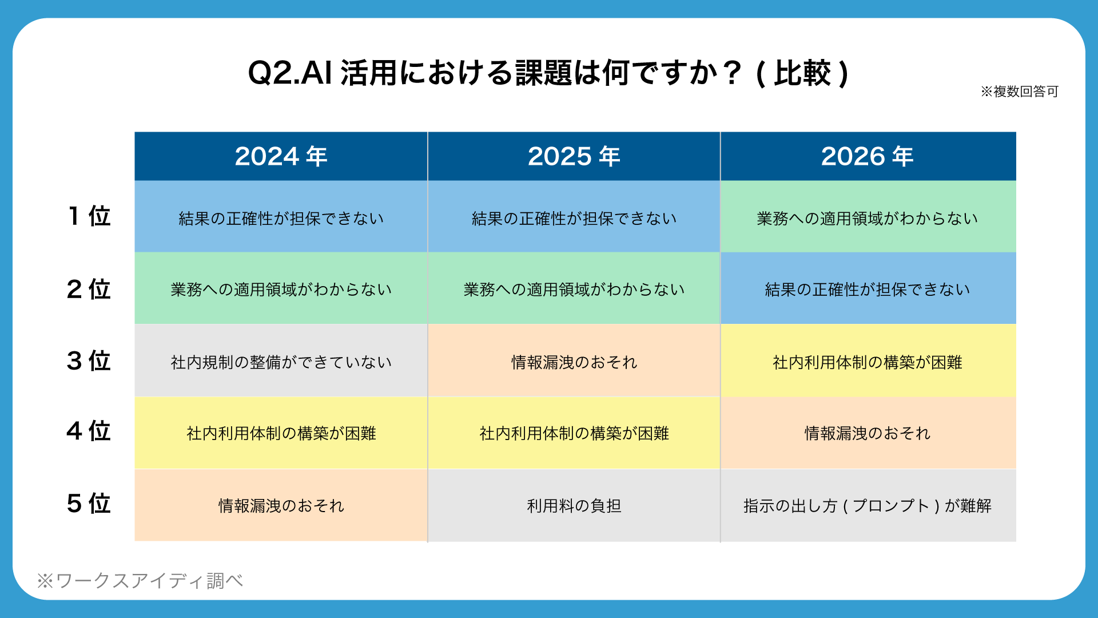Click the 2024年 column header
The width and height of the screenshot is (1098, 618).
click(x=281, y=156)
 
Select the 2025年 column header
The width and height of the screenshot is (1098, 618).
click(x=574, y=156)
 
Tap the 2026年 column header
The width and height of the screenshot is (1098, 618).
click(x=868, y=156)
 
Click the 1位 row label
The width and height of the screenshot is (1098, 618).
click(x=89, y=216)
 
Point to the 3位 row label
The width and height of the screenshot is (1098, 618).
click(x=89, y=361)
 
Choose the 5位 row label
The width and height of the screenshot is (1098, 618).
click(x=89, y=504)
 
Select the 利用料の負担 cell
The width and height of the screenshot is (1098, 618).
click(x=574, y=506)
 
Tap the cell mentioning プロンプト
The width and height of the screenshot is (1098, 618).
click(x=868, y=506)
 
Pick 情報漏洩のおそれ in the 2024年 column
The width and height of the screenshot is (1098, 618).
click(x=281, y=505)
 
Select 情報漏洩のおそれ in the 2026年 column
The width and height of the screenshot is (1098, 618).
click(x=868, y=433)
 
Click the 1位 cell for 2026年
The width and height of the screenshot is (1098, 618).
click(x=868, y=217)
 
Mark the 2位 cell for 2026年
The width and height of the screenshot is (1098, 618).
click(x=868, y=288)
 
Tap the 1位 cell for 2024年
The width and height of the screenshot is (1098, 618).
click(x=281, y=217)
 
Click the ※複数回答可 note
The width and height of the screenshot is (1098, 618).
click(x=1020, y=92)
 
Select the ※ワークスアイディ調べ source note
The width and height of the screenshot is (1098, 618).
click(x=140, y=581)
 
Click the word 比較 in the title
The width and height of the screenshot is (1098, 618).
click(x=802, y=73)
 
